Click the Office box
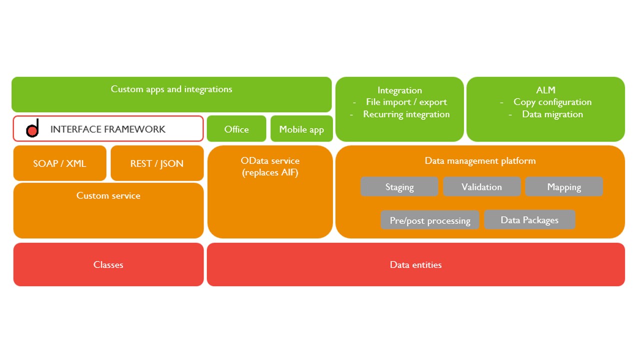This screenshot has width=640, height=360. click(236, 128)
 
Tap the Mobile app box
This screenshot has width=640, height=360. click(301, 128)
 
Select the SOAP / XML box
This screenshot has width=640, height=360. click(59, 163)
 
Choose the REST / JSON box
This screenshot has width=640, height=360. click(157, 163)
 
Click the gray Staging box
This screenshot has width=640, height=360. click(399, 186)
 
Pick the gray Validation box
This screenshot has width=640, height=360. click(481, 186)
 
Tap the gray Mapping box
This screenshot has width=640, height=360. click(564, 186)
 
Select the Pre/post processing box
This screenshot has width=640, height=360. click(429, 220)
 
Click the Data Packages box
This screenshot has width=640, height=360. click(529, 219)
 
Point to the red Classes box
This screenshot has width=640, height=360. click(108, 264)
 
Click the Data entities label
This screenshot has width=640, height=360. click(415, 264)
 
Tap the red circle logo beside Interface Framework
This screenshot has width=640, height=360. click(32, 130)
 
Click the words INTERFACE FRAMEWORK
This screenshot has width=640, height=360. click(107, 129)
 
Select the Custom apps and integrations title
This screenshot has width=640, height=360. click(171, 89)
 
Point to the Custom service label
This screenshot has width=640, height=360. click(108, 195)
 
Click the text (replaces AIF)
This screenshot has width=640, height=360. click(270, 172)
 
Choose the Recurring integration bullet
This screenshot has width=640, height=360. click(406, 114)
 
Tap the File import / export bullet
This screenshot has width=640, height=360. click(406, 102)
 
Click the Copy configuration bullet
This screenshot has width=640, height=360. click(552, 102)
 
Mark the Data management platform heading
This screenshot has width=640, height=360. click(480, 161)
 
